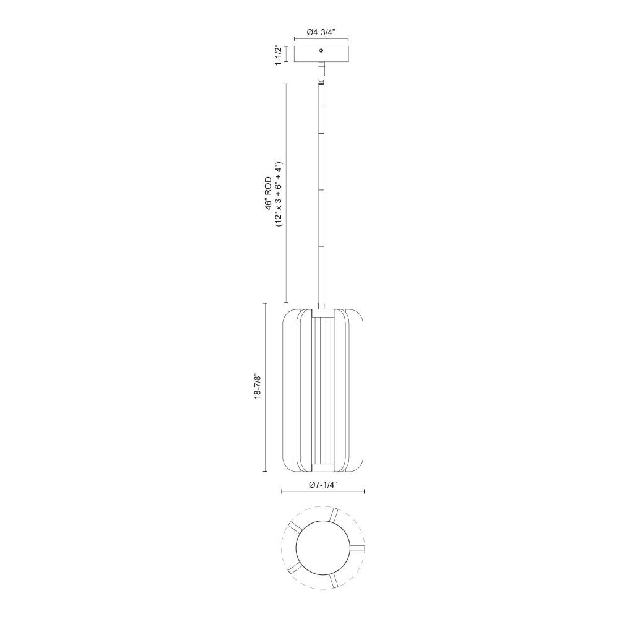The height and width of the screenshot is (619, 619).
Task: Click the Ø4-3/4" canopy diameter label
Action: [321, 32]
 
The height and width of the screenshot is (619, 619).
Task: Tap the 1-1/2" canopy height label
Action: [279, 55]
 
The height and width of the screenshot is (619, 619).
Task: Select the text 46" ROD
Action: [269, 194]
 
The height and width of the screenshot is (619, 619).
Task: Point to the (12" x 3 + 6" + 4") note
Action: [279, 194]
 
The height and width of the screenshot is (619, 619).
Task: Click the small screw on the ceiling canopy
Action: [321, 51]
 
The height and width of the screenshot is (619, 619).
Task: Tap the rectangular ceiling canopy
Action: [321, 54]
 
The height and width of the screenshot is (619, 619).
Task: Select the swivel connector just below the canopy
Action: [321, 72]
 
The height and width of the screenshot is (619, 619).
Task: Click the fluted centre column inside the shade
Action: [322, 391]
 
